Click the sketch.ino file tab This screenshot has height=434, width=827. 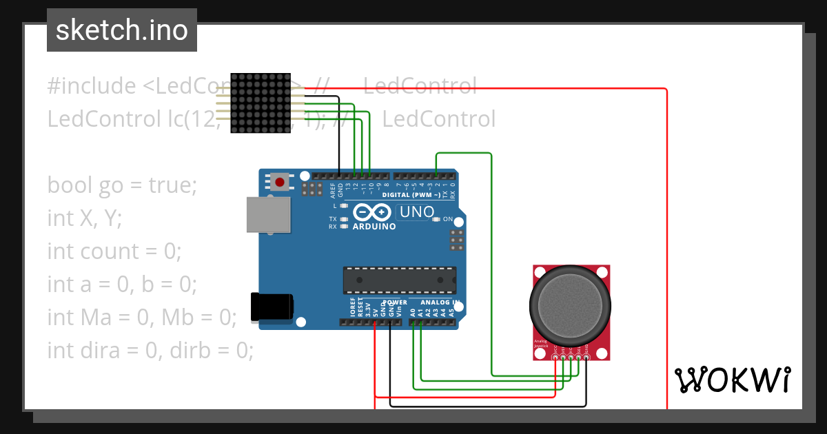point(122,30)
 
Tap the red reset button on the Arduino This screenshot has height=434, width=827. point(279,183)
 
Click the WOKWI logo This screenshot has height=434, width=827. point(732,380)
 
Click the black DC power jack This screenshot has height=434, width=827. point(272,307)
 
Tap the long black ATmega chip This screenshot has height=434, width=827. point(399,279)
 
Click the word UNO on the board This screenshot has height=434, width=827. point(417,212)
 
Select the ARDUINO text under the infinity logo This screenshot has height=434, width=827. point(374,226)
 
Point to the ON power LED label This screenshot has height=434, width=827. point(448,219)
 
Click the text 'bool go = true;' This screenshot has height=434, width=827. point(122,185)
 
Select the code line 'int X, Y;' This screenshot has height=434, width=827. point(84,218)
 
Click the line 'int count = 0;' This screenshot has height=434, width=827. point(114,251)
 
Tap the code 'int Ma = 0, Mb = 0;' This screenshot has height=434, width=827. point(142,318)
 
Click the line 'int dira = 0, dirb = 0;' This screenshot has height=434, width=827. point(150,351)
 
